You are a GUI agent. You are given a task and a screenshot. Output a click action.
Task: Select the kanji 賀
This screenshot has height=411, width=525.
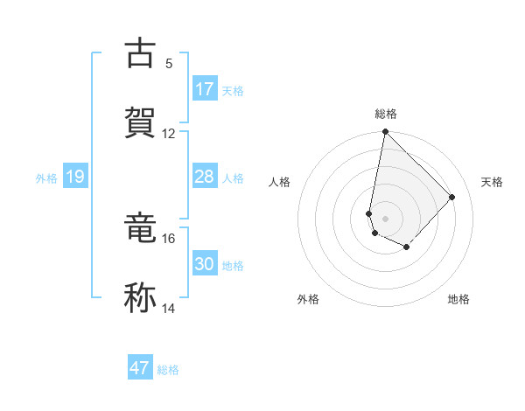tap(140, 122)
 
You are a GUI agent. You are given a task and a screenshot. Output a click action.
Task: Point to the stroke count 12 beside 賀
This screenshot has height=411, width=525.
tap(169, 134)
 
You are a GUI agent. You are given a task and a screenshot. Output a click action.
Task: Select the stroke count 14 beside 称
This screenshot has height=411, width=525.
tap(169, 309)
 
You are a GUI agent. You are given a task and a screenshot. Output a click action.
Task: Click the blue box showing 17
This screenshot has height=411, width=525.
tap(205, 89)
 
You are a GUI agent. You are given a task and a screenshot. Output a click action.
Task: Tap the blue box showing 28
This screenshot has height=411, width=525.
tap(205, 177)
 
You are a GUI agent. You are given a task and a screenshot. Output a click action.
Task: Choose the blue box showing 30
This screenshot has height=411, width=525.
tap(205, 264)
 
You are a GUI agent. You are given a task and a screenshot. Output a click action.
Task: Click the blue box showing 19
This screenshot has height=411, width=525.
tap(74, 177)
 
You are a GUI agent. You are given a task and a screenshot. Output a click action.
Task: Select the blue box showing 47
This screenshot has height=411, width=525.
tap(140, 368)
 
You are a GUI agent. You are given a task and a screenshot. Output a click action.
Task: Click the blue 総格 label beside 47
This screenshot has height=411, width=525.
tap(168, 370)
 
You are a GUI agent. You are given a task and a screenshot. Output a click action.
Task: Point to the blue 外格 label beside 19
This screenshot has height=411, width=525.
tap(46, 178)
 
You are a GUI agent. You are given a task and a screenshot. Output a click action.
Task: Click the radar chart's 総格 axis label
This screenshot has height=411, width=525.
tap(386, 114)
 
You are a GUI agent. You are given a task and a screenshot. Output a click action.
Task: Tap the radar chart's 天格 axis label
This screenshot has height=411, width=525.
tap(492, 182)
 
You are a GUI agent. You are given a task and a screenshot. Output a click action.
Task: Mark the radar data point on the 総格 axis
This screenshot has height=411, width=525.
tap(385, 132)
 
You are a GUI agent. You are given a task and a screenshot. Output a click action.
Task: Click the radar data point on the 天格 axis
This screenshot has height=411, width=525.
tap(452, 197)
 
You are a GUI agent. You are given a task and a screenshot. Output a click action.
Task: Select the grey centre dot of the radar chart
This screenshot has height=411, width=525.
tap(385, 218)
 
